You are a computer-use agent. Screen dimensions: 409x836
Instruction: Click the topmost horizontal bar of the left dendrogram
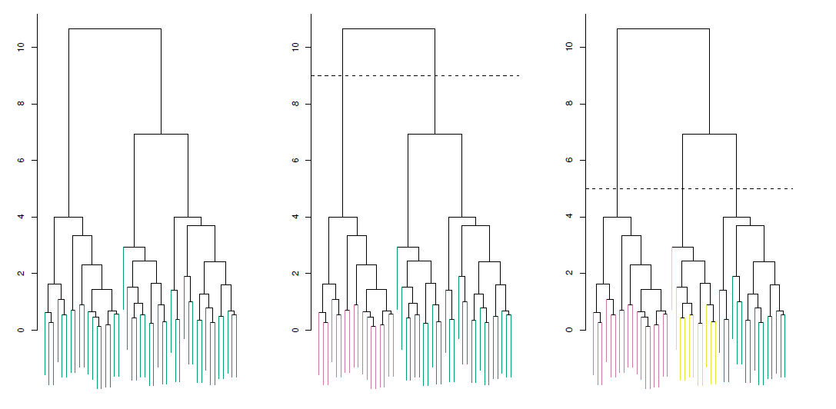[x=115, y=28]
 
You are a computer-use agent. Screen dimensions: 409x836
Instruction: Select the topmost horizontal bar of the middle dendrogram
[x=388, y=28]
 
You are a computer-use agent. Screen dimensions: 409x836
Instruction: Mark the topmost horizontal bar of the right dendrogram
[x=663, y=28]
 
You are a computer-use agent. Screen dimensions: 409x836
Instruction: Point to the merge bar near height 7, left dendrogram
[x=161, y=135]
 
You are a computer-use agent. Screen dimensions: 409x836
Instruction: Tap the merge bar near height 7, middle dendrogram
[x=435, y=135]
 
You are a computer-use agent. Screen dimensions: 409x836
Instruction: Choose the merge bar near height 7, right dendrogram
[x=709, y=135]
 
